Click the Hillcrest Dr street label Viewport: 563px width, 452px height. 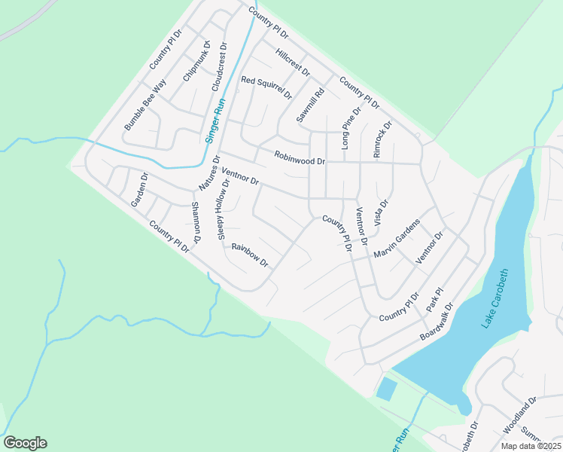click(x=293, y=62)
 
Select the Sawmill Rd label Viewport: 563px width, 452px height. click(x=309, y=105)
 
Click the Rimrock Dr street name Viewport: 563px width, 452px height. click(x=382, y=139)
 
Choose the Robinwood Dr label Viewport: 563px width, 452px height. click(x=300, y=160)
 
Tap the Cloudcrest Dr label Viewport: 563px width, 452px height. click(x=219, y=68)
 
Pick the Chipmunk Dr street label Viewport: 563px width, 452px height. click(x=197, y=66)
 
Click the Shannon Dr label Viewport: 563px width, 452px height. click(x=196, y=223)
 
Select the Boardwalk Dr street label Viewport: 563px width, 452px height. click(x=438, y=321)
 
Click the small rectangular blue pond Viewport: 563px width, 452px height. click(x=386, y=389)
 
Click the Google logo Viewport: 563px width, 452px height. click(x=25, y=443)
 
